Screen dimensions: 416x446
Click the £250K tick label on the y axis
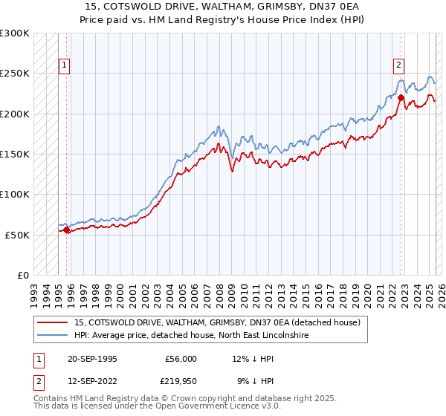tap(16, 74)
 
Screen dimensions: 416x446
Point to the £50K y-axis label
tap(18, 235)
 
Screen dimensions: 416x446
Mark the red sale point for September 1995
tap(67, 230)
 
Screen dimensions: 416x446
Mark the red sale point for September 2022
tap(401, 97)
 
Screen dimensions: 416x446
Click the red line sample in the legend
tap(53, 322)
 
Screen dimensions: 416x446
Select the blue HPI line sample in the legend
tap(53, 335)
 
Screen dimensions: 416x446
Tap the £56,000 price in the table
tap(181, 358)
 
